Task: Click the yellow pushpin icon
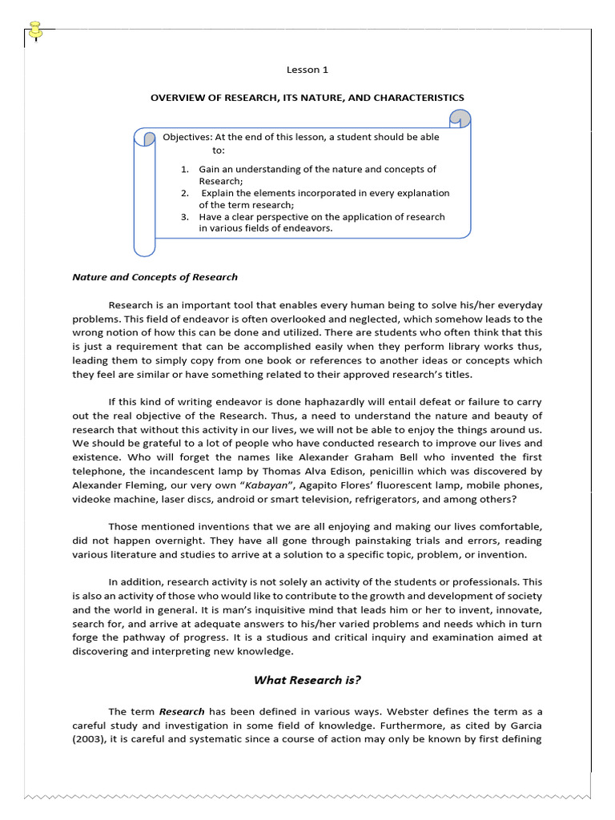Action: (35, 30)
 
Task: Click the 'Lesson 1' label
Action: (307, 70)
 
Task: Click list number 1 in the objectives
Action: (184, 169)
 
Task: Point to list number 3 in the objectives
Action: (184, 216)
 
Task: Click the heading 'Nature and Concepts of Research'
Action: (155, 277)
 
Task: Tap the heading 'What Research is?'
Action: (307, 680)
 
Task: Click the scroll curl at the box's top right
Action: (460, 119)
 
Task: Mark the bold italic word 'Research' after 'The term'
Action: (182, 711)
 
